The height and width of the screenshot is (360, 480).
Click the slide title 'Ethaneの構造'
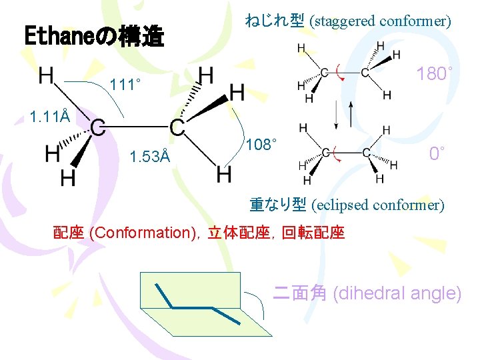94,36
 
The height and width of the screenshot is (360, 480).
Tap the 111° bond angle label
126,85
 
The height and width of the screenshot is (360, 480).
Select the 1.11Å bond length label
50,118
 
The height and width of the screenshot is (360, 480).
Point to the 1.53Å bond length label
150,157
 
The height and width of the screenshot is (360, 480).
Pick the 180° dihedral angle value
435,73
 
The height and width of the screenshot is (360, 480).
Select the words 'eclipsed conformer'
377,205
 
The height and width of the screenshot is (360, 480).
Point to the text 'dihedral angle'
396,293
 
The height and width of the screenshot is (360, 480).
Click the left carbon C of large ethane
97,127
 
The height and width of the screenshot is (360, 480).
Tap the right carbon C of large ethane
177,127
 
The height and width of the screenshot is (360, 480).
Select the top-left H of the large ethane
47,75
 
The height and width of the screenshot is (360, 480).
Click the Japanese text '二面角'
300,293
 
